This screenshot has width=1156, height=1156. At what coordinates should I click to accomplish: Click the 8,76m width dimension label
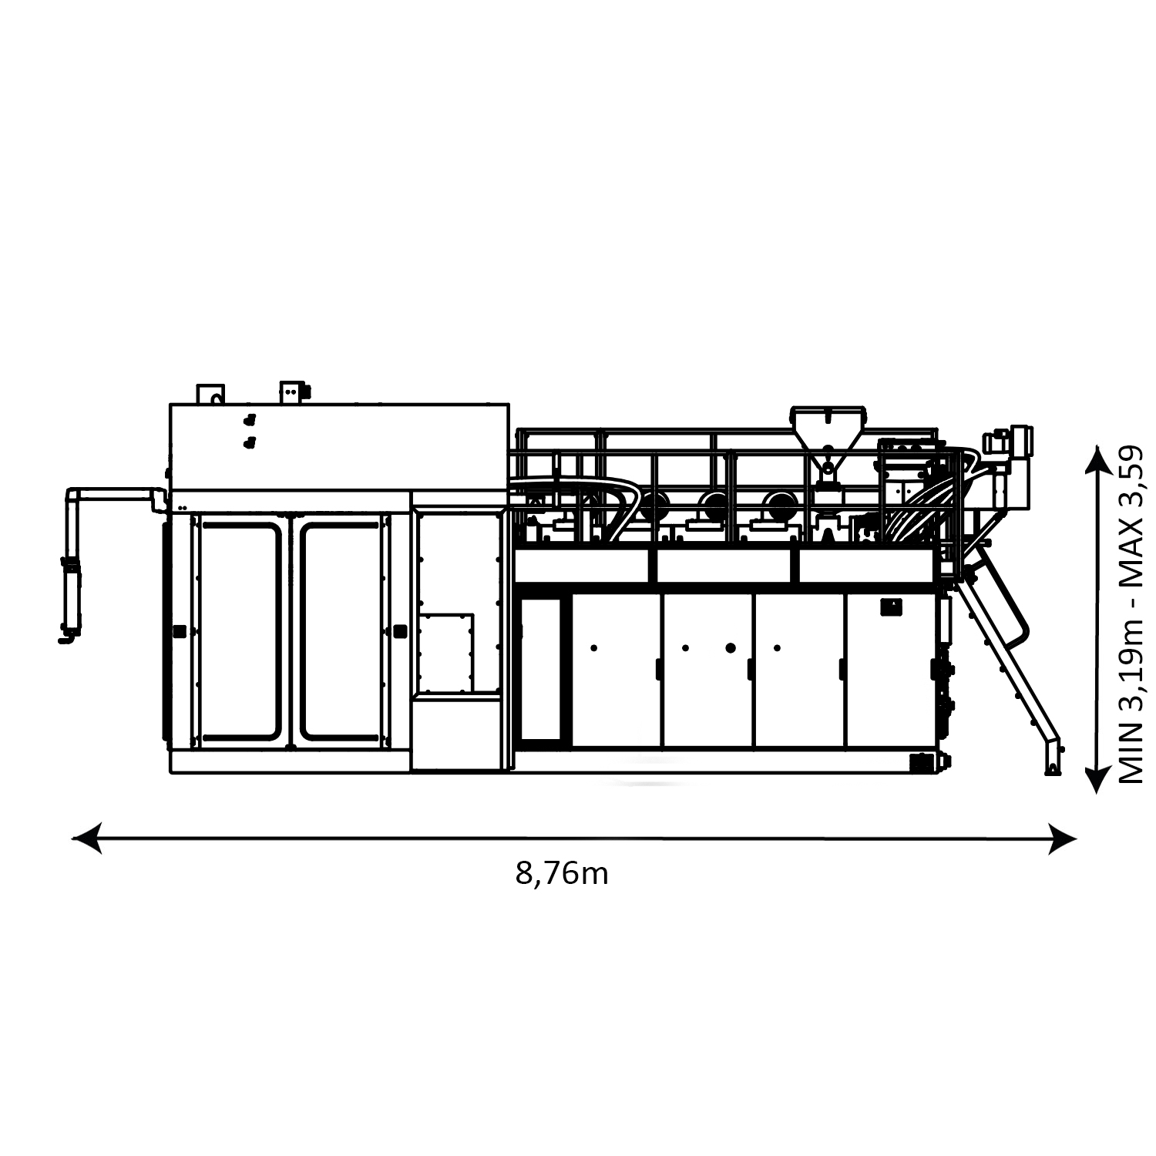point(562,874)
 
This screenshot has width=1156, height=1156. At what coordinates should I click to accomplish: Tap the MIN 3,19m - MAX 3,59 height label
point(1131,615)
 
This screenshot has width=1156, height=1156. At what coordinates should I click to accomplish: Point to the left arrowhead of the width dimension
point(86,838)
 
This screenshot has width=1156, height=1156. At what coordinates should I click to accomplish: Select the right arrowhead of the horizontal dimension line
point(1061,838)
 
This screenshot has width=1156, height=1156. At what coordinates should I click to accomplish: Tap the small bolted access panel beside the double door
point(446,652)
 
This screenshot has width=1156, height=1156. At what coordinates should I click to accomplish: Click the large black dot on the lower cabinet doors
point(731,647)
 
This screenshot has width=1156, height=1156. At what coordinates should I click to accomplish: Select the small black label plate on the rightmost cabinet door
point(892,607)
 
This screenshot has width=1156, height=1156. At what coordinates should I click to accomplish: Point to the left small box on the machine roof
point(210,394)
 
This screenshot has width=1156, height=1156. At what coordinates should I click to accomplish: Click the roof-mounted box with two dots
point(294,392)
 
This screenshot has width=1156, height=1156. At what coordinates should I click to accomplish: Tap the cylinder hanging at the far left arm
point(70,593)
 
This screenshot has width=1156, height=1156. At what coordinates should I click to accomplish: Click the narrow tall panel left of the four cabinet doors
point(540,668)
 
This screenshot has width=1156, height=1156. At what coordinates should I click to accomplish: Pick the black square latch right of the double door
point(399,630)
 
